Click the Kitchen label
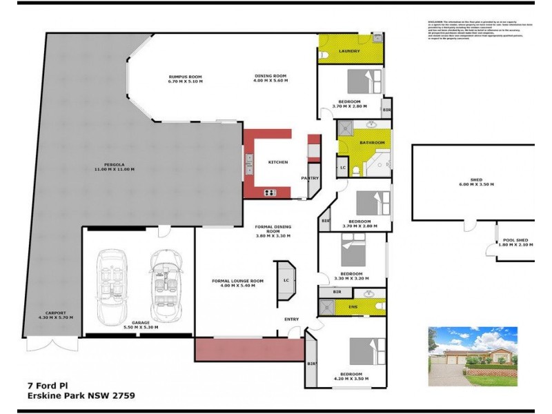pyautogui.click(x=277, y=162)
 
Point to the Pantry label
pyautogui.click(x=309, y=178)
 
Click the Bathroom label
pyautogui.click(x=372, y=142)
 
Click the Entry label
pyautogui.click(x=292, y=319)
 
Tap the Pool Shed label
pyautogui.click(x=516, y=242)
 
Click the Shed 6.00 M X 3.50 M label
pyautogui.click(x=476, y=185)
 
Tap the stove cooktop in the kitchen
pyautogui.click(x=269, y=192)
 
